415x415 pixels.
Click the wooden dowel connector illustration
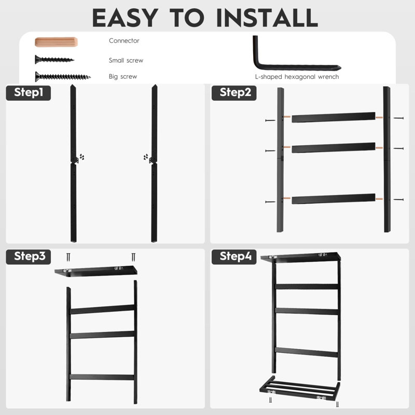click(56, 42)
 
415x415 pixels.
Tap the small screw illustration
click(54, 60)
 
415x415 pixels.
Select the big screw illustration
click(63, 77)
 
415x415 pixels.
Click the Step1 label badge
click(29, 93)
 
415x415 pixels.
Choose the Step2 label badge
click(234, 93)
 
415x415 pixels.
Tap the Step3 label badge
click(29, 257)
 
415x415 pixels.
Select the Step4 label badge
click(234, 257)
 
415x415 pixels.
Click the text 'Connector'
click(124, 41)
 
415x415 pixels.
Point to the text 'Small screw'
click(126, 60)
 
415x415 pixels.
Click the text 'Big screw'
click(123, 76)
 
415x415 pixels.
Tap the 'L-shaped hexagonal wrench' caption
click(297, 77)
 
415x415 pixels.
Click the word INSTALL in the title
click(267, 18)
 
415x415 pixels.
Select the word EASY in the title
click(126, 18)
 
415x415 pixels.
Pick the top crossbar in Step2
click(334, 117)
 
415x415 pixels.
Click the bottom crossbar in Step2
click(334, 199)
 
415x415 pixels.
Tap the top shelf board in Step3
click(96, 271)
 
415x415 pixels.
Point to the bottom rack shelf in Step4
click(300, 388)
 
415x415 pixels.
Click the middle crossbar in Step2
click(334, 148)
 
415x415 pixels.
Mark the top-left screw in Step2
click(270, 120)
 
